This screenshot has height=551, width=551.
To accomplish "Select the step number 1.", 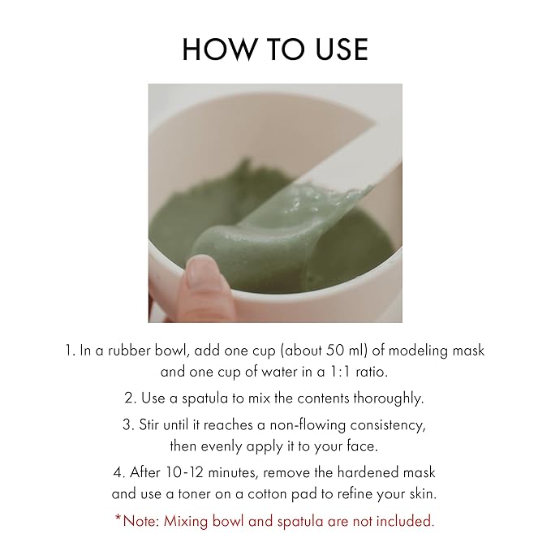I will coord(69,351).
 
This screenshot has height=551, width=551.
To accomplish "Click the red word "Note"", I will coord(141,520).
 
